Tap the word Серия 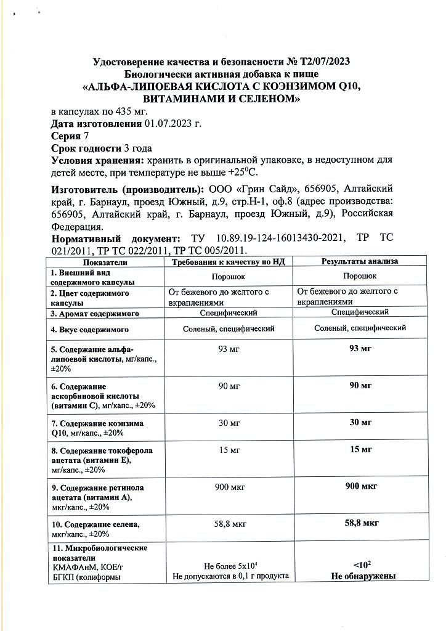68,136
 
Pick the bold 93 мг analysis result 361,349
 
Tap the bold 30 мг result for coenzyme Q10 361,422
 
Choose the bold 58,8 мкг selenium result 361,523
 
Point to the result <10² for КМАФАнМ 362,566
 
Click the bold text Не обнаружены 362,577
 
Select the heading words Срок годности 86,149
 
